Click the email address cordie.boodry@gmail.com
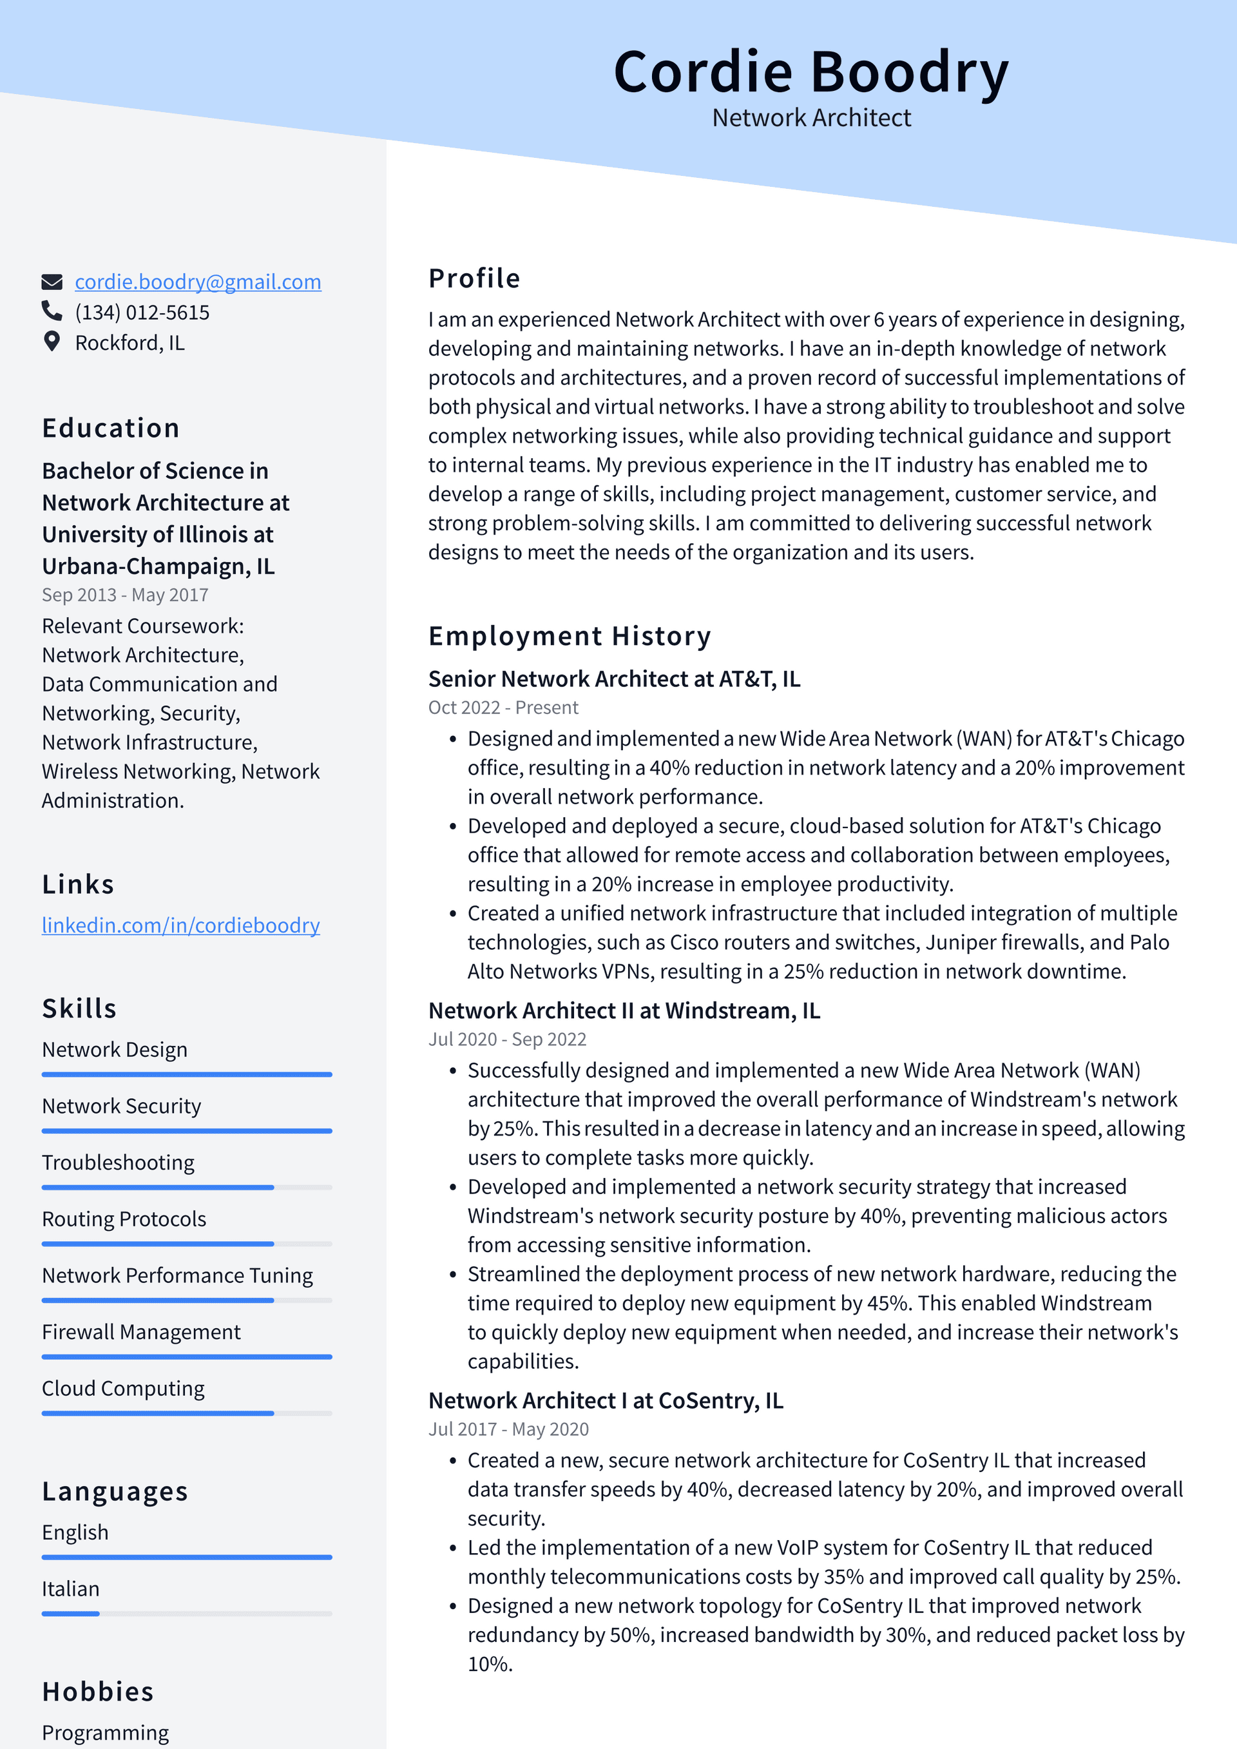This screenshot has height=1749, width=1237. (x=197, y=282)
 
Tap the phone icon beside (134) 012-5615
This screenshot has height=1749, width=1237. (x=51, y=311)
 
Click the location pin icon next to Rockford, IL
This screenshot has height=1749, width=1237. (x=51, y=342)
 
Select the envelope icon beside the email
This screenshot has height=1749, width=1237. (x=51, y=282)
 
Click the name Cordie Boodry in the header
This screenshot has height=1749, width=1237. (x=810, y=72)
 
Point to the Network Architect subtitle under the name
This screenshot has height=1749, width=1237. (x=810, y=118)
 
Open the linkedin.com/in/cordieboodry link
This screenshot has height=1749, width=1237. (x=180, y=925)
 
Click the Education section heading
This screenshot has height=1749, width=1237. (x=110, y=428)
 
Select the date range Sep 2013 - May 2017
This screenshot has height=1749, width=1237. (x=125, y=595)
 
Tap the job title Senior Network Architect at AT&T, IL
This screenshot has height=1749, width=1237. (x=614, y=679)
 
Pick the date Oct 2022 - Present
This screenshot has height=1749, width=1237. (x=503, y=708)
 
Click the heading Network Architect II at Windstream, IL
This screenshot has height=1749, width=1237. (x=624, y=1011)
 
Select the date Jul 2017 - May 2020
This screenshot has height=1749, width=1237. (x=508, y=1429)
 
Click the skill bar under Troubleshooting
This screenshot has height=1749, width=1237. (x=187, y=1187)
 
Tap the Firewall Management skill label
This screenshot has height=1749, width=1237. (x=141, y=1331)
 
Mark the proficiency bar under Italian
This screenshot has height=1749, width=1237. (x=187, y=1614)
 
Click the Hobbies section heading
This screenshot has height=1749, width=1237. (x=97, y=1691)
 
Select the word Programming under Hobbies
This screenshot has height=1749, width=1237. (x=105, y=1732)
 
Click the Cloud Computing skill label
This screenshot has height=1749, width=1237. (x=122, y=1388)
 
